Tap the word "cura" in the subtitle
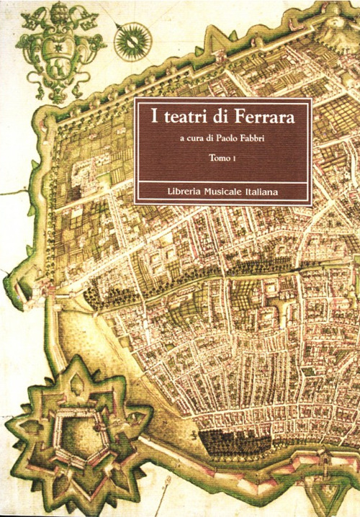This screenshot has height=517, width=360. [188, 140]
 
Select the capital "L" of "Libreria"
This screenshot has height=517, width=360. [163, 191]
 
